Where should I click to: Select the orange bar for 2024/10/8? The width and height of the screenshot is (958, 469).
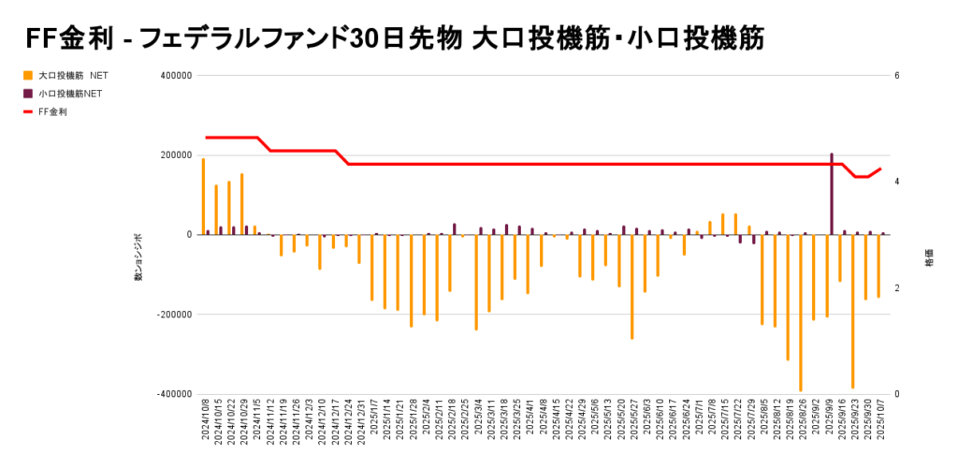(203, 197)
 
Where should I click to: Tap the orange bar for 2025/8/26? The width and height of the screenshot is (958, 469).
(800, 313)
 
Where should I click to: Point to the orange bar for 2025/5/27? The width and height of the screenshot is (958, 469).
(631, 286)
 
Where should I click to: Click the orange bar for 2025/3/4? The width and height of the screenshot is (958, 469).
(476, 282)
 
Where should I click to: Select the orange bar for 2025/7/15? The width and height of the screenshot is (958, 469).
(722, 224)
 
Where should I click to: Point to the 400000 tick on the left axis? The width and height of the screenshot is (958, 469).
(173, 76)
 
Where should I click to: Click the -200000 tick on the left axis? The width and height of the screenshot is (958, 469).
(171, 315)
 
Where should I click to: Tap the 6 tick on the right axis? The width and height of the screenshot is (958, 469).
(896, 76)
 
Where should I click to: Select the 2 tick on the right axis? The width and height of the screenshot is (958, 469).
(896, 288)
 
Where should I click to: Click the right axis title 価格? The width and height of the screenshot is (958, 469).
(929, 263)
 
